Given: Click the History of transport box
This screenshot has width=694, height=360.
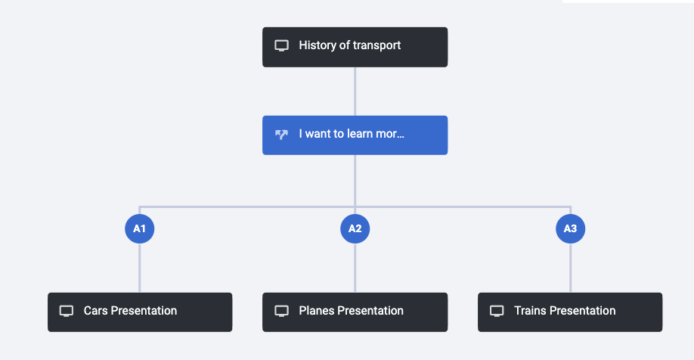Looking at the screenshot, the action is click(x=355, y=47).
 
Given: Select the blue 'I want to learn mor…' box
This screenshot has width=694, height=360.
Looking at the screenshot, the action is click(x=355, y=135).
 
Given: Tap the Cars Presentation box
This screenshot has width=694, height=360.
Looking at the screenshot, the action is click(x=140, y=312).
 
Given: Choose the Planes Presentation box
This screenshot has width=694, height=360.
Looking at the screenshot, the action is click(x=355, y=312).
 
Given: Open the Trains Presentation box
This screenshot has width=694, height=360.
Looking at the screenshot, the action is click(x=570, y=312).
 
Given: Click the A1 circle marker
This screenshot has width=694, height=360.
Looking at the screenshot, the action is click(x=139, y=228).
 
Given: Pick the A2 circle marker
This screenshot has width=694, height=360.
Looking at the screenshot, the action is click(x=355, y=228).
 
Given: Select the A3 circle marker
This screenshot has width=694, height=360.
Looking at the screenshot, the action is click(x=571, y=228).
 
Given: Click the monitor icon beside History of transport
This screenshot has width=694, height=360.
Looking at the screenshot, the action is click(x=281, y=45).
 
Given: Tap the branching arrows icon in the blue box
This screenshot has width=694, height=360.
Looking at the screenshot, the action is click(x=281, y=134).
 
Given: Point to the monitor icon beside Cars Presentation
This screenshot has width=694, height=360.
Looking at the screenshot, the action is click(x=67, y=311).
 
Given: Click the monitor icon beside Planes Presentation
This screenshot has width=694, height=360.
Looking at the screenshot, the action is click(x=281, y=311).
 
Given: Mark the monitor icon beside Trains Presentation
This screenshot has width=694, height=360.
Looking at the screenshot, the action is click(x=497, y=311).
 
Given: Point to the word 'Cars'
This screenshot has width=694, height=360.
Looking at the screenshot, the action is click(x=95, y=310).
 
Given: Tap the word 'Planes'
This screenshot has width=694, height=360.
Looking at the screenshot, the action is click(x=317, y=310).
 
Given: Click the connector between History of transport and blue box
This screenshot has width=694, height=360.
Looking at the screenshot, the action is click(x=355, y=92).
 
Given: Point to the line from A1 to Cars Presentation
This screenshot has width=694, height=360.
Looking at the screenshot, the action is click(x=139, y=268).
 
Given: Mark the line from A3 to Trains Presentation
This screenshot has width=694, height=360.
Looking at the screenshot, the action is click(x=571, y=268).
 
